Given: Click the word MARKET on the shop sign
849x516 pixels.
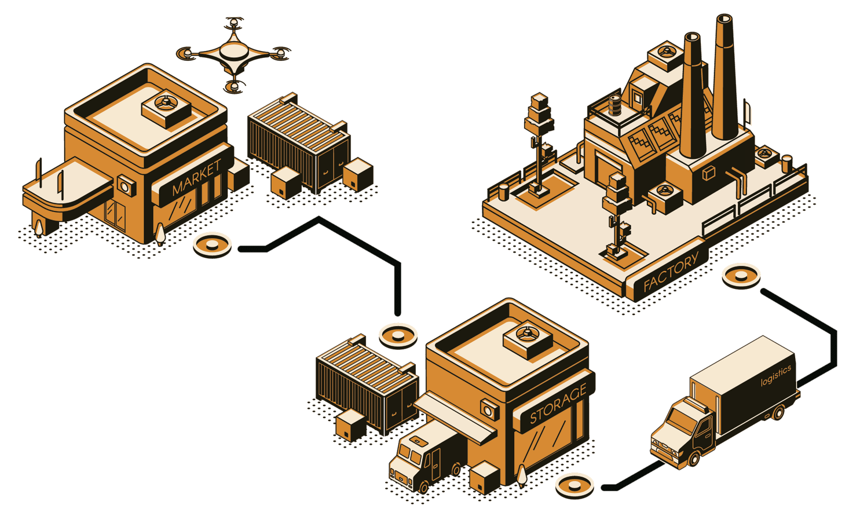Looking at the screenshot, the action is click(196, 177).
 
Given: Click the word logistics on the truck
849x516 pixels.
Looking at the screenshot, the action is click(776, 375).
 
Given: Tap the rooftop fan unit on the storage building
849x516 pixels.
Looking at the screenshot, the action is click(528, 339).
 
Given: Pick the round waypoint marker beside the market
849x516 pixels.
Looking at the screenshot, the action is click(212, 245).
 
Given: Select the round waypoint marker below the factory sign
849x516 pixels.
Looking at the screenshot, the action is click(741, 276).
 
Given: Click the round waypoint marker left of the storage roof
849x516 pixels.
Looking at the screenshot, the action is click(398, 336).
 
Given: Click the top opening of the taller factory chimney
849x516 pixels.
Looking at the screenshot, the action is click(724, 19).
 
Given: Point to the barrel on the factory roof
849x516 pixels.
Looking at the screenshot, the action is click(615, 105).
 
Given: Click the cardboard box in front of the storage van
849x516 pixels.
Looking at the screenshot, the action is click(484, 477).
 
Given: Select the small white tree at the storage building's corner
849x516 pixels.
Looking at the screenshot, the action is click(522, 475).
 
